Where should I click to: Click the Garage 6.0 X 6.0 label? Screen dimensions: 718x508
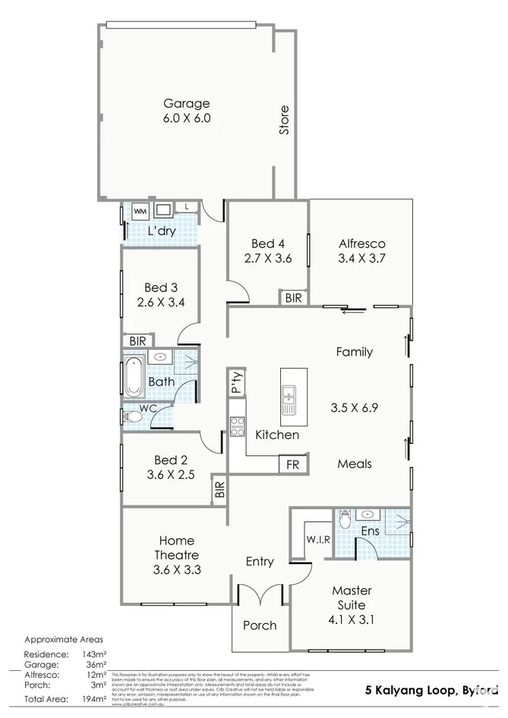tap(186, 111)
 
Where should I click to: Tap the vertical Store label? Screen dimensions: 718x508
tap(284, 120)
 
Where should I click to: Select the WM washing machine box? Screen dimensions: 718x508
tap(141, 210)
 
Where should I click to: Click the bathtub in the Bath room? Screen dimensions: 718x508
tap(134, 376)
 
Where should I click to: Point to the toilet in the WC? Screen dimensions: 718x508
tap(132, 417)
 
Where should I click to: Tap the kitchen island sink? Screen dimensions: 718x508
tap(289, 397)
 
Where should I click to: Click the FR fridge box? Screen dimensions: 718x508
tap(291, 464)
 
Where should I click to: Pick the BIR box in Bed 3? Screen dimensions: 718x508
tap(137, 341)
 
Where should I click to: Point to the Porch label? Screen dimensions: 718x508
tap(260, 625)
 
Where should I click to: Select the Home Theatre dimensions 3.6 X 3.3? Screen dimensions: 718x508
tap(176, 569)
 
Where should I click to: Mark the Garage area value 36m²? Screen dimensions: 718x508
tap(83, 664)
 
